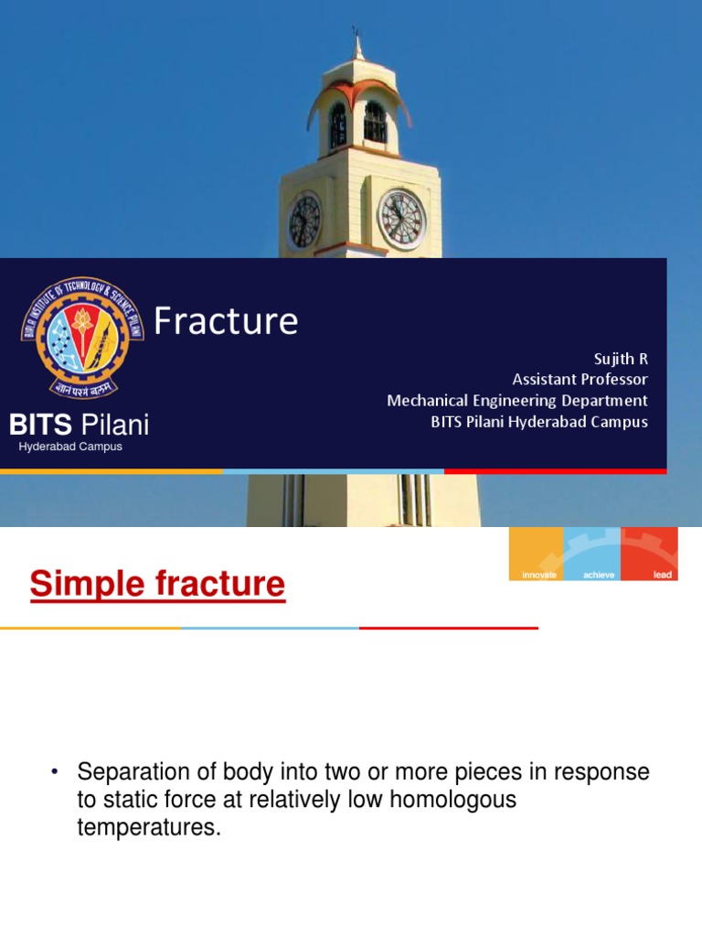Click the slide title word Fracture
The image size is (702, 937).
[x=226, y=321]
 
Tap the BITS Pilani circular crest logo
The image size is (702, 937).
[x=83, y=338]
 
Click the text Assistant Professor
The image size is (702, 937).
[x=580, y=380]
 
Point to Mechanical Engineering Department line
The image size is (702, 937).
[x=516, y=401]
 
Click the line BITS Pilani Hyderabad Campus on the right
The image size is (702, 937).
[x=539, y=422]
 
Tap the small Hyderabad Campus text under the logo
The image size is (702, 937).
[x=70, y=447]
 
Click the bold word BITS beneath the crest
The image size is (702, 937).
[x=40, y=425]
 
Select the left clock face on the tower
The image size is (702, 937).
[x=304, y=221]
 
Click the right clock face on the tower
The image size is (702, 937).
[x=402, y=220]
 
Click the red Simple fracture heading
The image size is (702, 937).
[x=157, y=583]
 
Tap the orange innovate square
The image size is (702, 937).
[x=536, y=554]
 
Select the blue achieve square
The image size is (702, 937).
[x=592, y=554]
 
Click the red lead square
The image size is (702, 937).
[x=650, y=554]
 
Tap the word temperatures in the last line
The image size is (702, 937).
[x=150, y=828]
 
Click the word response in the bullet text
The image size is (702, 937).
[x=607, y=771]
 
